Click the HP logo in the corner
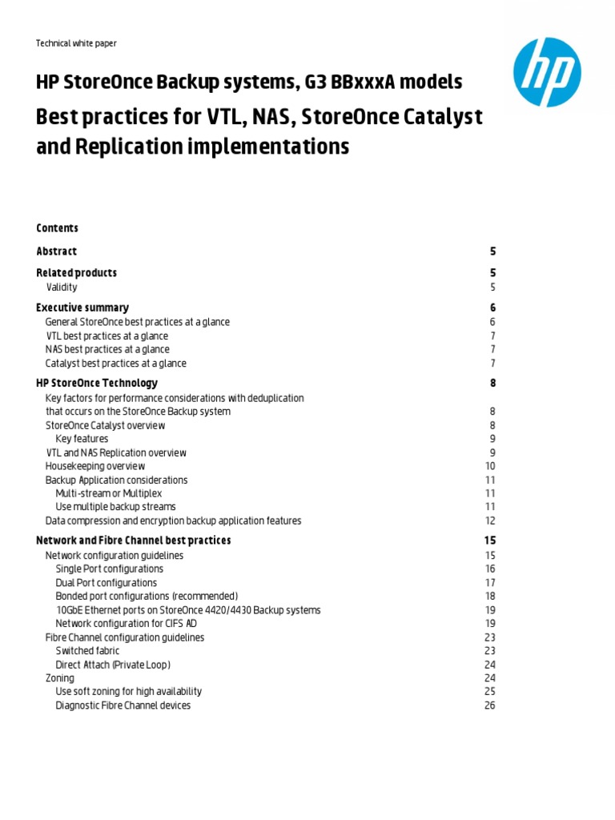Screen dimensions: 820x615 (x=546, y=72)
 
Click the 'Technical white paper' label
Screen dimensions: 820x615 (x=77, y=43)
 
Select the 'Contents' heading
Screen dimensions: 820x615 (x=57, y=228)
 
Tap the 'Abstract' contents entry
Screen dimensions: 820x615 (x=56, y=251)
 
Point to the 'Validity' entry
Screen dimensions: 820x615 (x=62, y=287)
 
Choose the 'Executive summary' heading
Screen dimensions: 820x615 (x=82, y=307)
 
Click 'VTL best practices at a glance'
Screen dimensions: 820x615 (x=107, y=336)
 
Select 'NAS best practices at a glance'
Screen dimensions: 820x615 (x=107, y=349)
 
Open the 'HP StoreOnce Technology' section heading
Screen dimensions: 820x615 (x=97, y=383)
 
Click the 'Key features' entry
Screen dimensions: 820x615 (x=82, y=439)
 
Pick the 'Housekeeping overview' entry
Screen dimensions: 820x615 (x=95, y=466)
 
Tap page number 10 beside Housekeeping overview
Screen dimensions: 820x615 (x=490, y=466)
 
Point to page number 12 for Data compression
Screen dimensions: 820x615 (x=490, y=521)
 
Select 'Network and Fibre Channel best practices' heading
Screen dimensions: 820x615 (x=134, y=541)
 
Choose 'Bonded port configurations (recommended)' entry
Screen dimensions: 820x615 (x=147, y=597)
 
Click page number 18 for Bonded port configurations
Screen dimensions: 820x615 (x=490, y=597)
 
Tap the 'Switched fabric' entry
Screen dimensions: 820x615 (x=87, y=651)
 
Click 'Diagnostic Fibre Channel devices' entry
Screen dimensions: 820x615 (x=123, y=705)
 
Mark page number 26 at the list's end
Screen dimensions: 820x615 (x=490, y=705)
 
